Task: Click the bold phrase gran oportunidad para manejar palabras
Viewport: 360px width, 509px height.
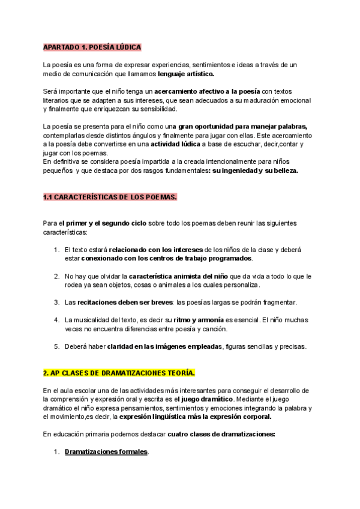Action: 243,127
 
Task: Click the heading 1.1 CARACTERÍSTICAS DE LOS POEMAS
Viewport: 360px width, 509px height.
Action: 110,197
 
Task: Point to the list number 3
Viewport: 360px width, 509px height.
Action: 56,302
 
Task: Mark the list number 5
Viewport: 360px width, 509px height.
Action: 56,346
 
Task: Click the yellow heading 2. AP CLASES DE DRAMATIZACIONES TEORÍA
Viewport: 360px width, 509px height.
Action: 119,373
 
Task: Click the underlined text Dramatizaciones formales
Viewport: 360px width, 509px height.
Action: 106,452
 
